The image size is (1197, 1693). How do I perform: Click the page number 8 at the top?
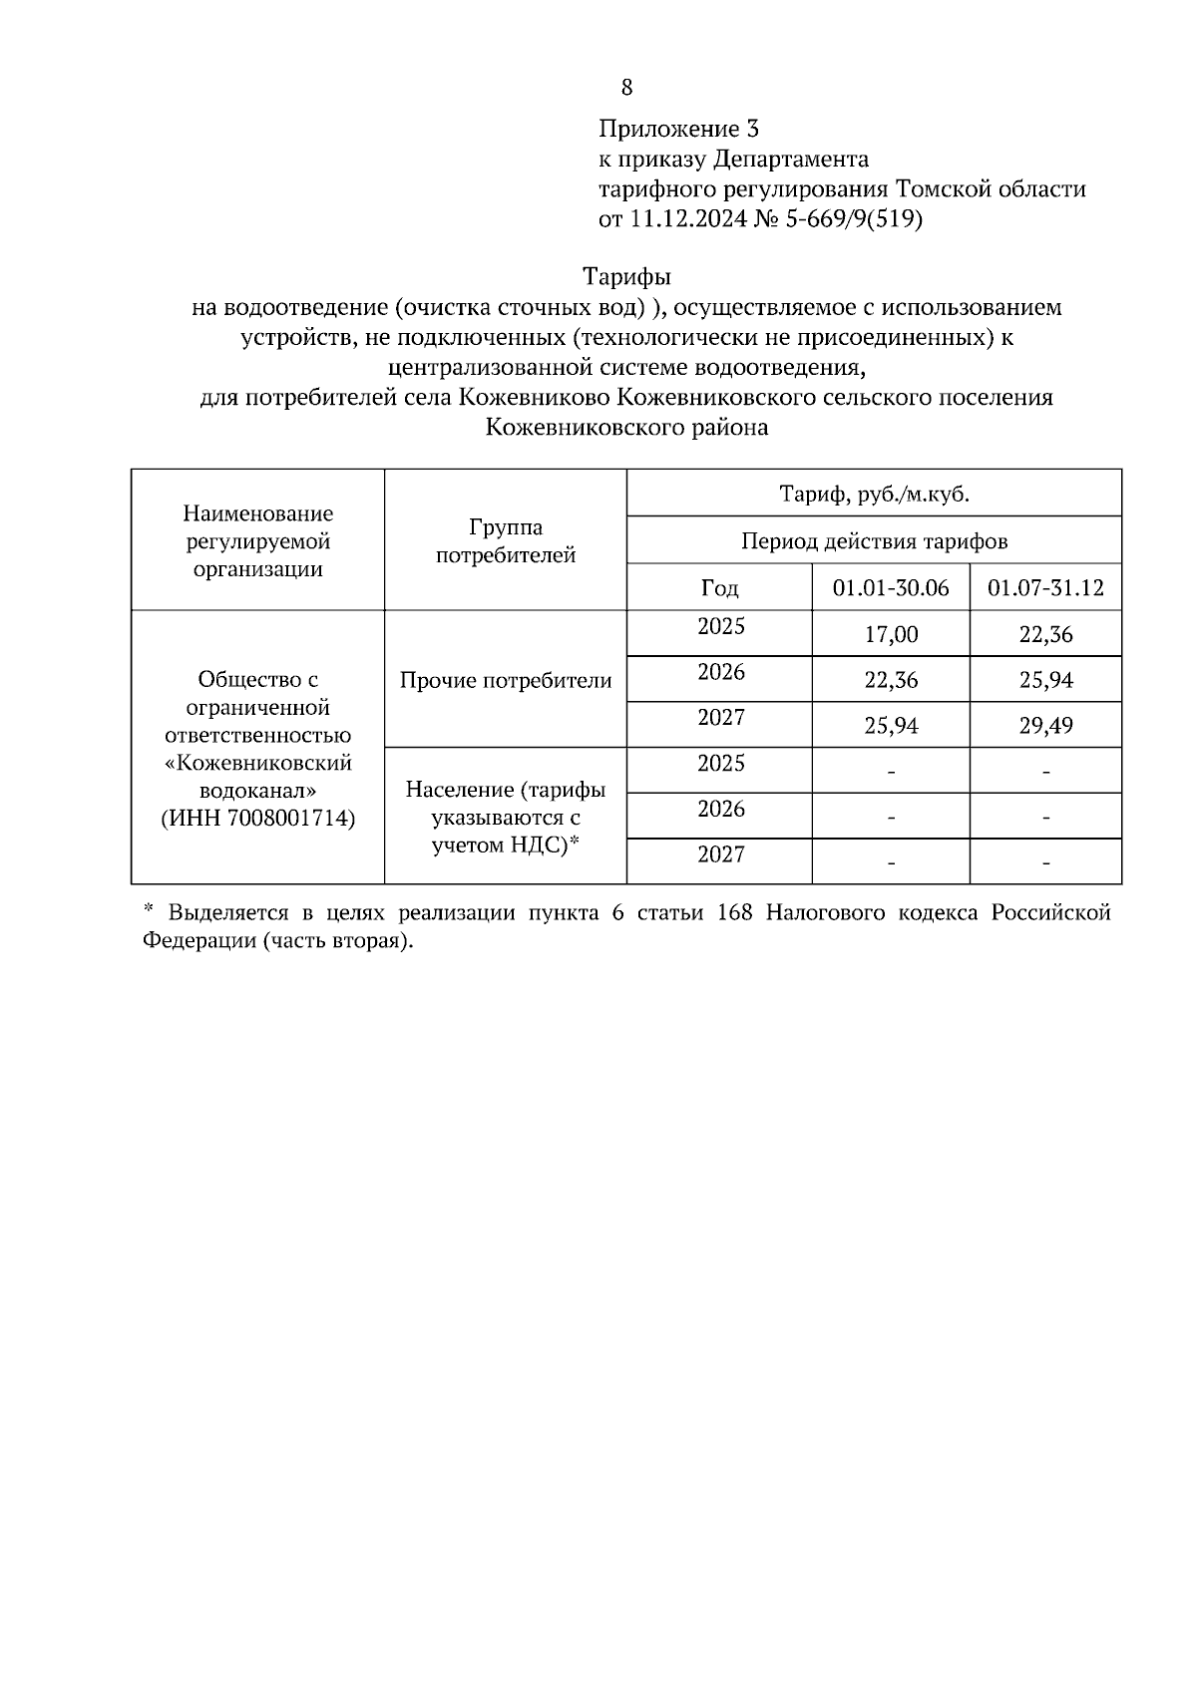click(x=626, y=88)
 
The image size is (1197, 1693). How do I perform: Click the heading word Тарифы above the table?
click(x=626, y=276)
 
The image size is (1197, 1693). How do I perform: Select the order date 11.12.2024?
click(x=687, y=219)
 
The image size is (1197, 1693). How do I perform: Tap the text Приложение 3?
click(x=678, y=129)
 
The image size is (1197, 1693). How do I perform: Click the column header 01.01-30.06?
click(x=891, y=587)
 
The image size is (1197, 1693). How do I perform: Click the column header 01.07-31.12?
click(x=1045, y=587)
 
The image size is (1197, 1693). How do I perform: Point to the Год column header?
click(x=720, y=588)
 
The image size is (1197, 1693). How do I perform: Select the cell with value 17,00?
click(x=891, y=635)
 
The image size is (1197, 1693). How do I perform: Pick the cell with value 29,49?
click(x=1045, y=726)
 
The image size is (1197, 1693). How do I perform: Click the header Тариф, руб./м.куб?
click(x=874, y=494)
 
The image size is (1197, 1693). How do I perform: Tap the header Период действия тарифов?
click(x=874, y=541)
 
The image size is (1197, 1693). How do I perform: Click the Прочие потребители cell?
click(x=506, y=681)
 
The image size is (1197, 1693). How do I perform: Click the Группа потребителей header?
click(x=506, y=541)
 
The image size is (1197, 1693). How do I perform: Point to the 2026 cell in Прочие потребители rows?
click(x=720, y=673)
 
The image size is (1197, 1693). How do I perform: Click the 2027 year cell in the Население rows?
click(x=720, y=854)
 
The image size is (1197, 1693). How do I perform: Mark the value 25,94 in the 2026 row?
click(x=1045, y=681)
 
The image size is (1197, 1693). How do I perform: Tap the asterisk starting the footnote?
click(x=149, y=912)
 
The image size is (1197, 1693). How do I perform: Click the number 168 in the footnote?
click(x=734, y=913)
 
